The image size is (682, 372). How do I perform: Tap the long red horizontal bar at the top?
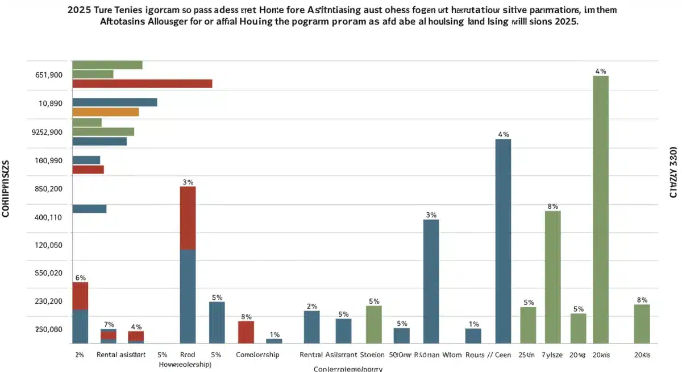[x=142, y=84]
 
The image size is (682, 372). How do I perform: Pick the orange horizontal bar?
[x=106, y=112]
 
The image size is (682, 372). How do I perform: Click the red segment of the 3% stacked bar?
[x=188, y=218]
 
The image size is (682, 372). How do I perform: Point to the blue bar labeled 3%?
[x=431, y=281]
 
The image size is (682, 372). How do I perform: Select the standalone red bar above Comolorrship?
[x=246, y=332]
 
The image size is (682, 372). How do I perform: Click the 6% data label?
[x=80, y=278]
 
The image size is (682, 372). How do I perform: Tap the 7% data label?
[x=109, y=324]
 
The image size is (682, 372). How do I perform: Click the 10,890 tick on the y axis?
[x=50, y=104]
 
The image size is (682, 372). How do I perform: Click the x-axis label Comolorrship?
[x=257, y=354]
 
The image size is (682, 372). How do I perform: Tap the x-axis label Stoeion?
[x=372, y=354]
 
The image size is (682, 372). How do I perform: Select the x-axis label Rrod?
[x=187, y=354]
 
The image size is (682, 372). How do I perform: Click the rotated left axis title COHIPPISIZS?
[x=6, y=188]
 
